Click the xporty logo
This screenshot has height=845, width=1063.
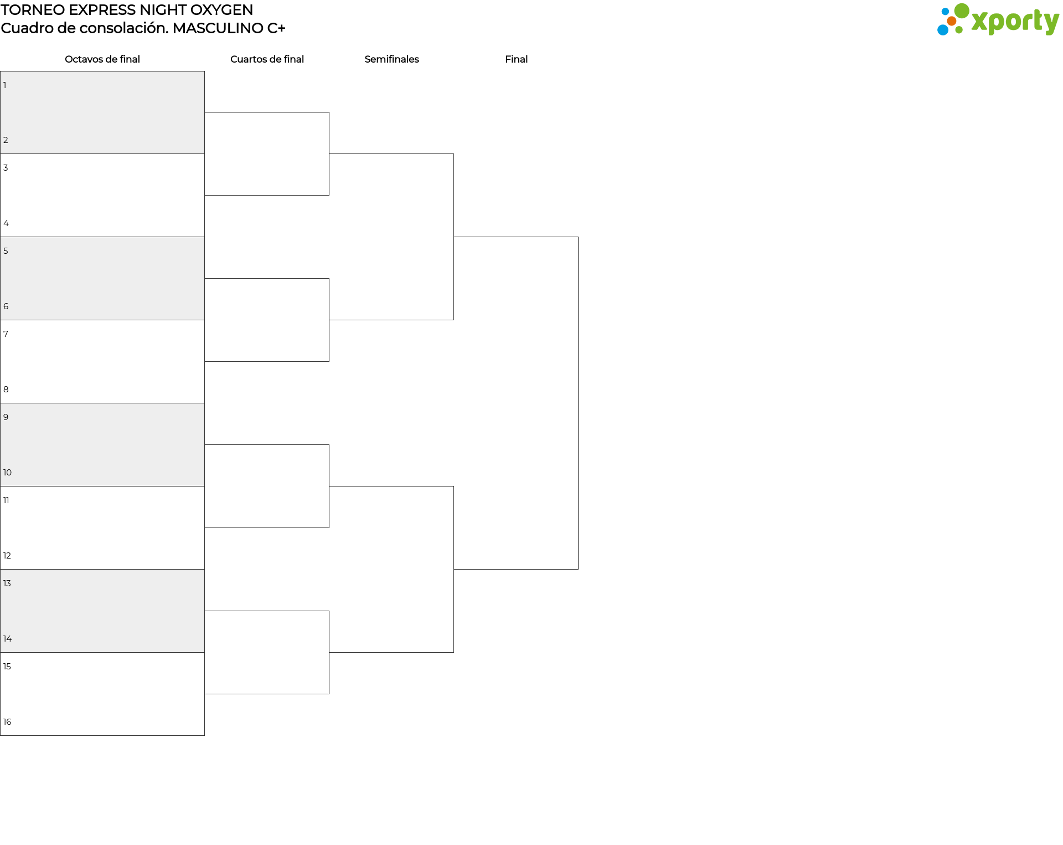pyautogui.click(x=998, y=19)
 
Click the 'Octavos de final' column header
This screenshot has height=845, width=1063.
pyautogui.click(x=102, y=59)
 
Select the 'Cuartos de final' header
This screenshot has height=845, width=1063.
pyautogui.click(x=267, y=59)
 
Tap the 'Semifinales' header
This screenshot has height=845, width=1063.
pyautogui.click(x=391, y=59)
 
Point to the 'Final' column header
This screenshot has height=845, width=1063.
pyautogui.click(x=516, y=59)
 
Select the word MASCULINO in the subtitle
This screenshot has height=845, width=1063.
pyautogui.click(x=218, y=28)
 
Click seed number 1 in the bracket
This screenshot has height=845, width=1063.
pyautogui.click(x=5, y=85)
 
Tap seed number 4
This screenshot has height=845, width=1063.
pyautogui.click(x=6, y=223)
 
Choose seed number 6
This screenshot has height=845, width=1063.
pyautogui.click(x=6, y=306)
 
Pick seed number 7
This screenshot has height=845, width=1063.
pyautogui.click(x=6, y=334)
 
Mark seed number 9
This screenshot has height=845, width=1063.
pyautogui.click(x=6, y=417)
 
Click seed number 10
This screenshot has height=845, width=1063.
pyautogui.click(x=7, y=473)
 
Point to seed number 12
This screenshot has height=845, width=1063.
pyautogui.click(x=7, y=556)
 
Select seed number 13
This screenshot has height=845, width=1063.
pyautogui.click(x=7, y=583)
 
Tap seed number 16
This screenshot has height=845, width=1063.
pyautogui.click(x=7, y=722)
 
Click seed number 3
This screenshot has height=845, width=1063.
pyautogui.click(x=6, y=168)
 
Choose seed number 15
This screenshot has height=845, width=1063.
pyautogui.click(x=7, y=667)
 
